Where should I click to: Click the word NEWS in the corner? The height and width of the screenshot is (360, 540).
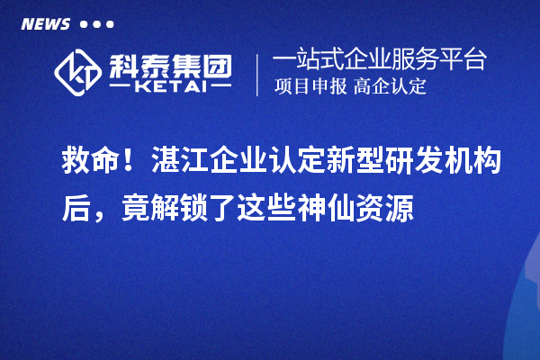[x=45, y=23]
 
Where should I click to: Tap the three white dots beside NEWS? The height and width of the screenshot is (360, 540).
[x=96, y=24]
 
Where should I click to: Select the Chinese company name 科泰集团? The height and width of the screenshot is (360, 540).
[x=167, y=63]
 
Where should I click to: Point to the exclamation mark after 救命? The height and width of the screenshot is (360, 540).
[x=131, y=163]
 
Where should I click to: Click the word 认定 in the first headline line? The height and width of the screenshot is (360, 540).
[x=279, y=163]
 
